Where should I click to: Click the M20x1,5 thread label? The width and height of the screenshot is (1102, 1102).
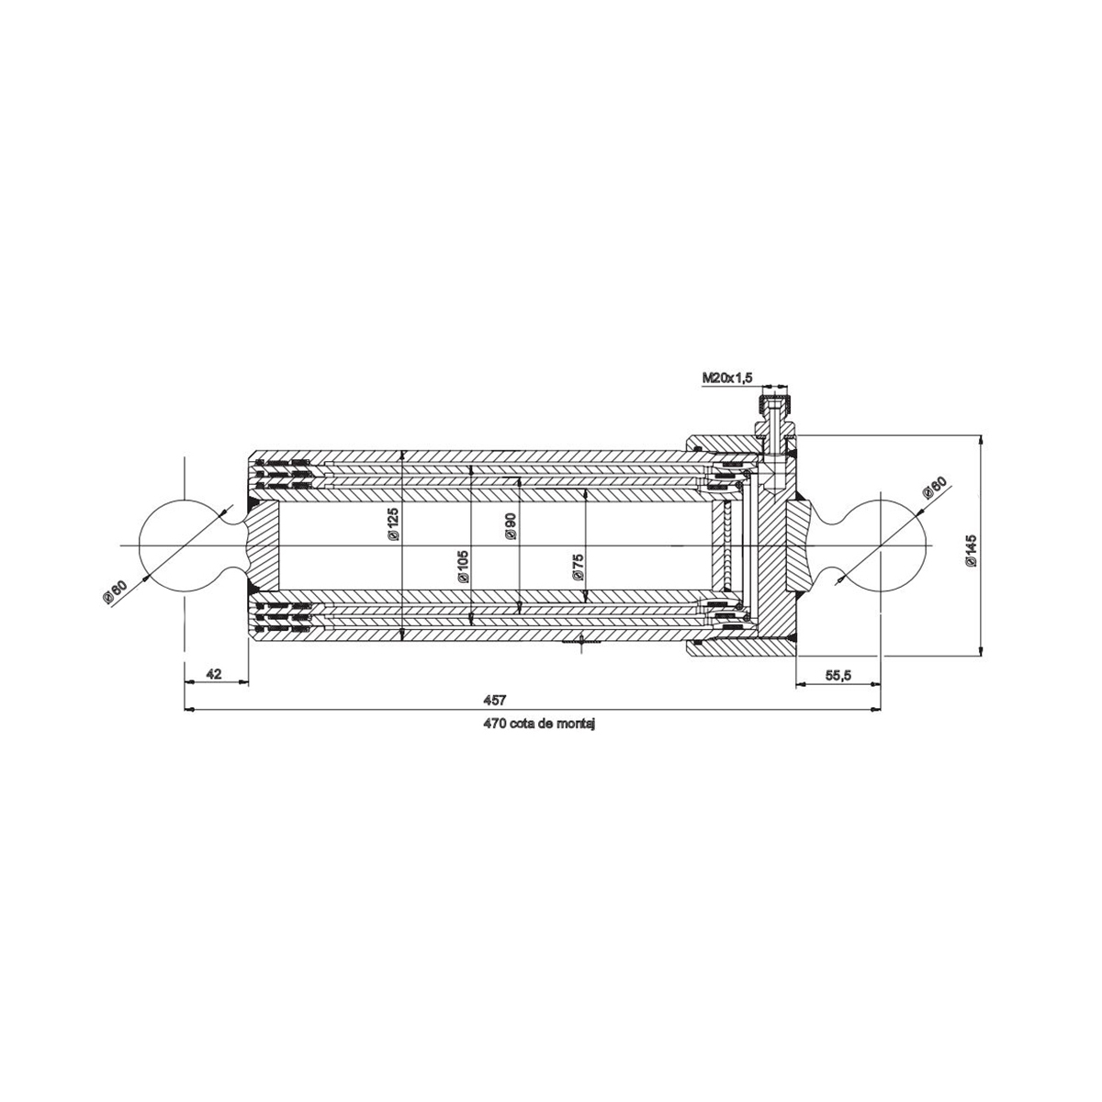tap(727, 377)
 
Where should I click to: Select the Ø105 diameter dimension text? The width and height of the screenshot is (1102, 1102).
tap(462, 568)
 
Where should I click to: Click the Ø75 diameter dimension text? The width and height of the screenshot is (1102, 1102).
tap(578, 568)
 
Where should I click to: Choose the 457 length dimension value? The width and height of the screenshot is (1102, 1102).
tap(495, 700)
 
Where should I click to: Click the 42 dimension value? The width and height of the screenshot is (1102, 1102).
tap(213, 673)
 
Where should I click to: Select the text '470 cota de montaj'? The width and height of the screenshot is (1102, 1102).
tap(541, 724)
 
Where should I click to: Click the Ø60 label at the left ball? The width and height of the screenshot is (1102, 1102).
tap(115, 589)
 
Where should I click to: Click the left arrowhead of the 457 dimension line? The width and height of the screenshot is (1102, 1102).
tap(189, 709)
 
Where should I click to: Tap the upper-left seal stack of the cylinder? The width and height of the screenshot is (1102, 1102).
tap(285, 472)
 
